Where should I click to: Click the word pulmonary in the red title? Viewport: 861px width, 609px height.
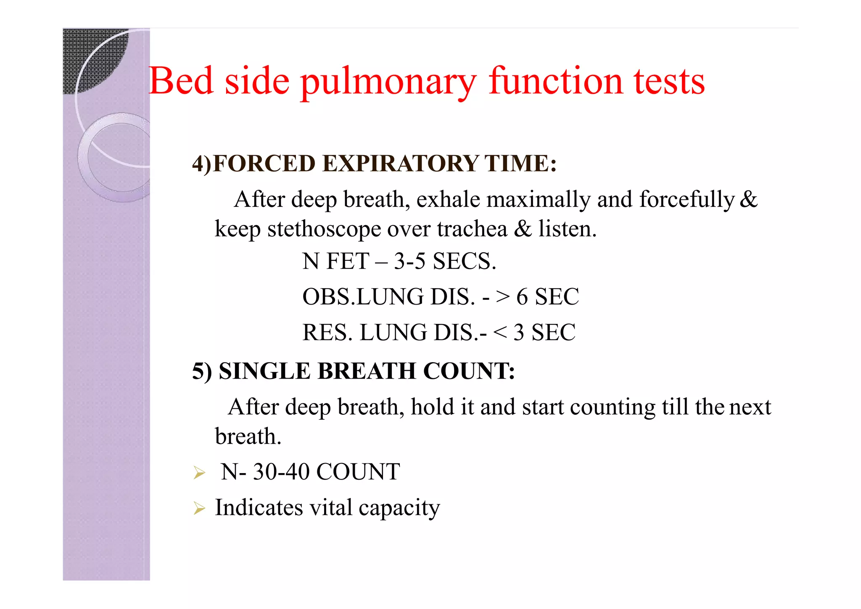[388, 82]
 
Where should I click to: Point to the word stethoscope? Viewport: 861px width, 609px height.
[324, 230]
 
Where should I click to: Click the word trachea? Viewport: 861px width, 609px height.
[472, 229]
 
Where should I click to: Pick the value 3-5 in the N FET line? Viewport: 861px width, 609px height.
[409, 261]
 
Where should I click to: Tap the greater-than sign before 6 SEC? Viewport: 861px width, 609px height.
[503, 297]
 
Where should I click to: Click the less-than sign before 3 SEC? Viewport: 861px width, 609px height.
[500, 333]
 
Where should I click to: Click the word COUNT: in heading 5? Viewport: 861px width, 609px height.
[469, 371]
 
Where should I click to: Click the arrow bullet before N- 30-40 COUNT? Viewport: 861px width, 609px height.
[199, 473]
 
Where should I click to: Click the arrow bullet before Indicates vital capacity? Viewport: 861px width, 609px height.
[199, 508]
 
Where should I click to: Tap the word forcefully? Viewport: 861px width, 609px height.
[687, 200]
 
